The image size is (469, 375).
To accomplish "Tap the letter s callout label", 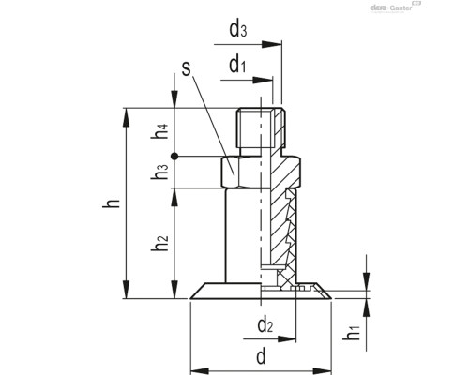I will click(x=188, y=69).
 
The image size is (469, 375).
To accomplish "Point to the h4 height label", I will click(x=161, y=134).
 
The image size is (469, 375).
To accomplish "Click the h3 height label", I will click(x=161, y=172).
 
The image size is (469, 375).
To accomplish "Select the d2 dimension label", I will click(x=265, y=326).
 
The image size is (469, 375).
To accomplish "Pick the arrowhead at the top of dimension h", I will click(x=124, y=112).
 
